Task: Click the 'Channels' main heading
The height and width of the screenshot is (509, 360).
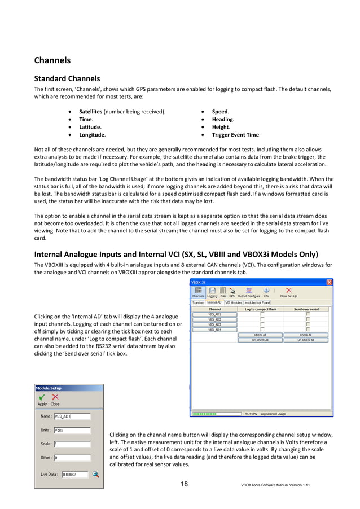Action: coord(52,60)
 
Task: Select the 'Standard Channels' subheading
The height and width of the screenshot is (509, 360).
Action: coord(67,78)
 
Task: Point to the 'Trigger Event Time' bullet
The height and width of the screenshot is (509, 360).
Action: coord(235,135)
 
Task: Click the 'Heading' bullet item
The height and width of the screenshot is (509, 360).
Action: coord(222,120)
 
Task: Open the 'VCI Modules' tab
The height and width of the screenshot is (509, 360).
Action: coord(233,302)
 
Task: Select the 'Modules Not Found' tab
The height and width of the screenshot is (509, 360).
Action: coord(258,302)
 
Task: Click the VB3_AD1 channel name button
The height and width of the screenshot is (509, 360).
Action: coord(215,314)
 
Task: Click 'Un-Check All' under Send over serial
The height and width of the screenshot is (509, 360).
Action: coord(305,340)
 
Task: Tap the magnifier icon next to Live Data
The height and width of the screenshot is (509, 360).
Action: coord(96,474)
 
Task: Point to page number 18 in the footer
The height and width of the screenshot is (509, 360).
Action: coord(185,484)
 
